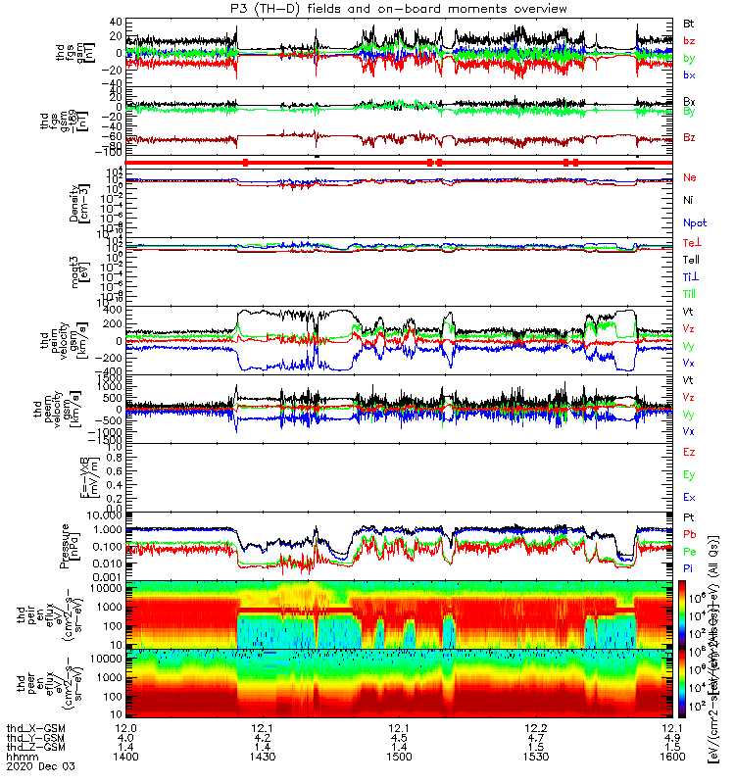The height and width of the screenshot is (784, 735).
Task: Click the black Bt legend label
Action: [690, 22]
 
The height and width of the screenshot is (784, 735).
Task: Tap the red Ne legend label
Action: [690, 177]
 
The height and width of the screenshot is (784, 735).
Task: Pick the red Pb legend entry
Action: [690, 534]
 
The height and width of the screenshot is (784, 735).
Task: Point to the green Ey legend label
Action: [690, 475]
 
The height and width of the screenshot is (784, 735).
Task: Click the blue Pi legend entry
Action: [690, 568]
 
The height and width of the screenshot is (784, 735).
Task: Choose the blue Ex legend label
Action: [690, 498]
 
